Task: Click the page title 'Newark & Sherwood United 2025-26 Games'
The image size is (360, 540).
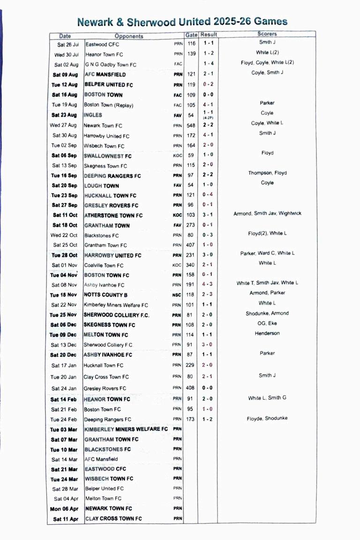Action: pos(182,22)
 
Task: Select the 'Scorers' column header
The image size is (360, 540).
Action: pos(267,34)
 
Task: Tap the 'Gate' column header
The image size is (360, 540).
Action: pos(191,35)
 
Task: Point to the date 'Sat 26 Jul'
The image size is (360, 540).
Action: pos(68,45)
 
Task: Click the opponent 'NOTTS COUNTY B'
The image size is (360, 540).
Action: pos(106,295)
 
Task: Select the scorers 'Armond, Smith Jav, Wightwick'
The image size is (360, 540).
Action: pos(267,214)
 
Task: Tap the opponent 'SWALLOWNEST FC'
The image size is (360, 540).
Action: pos(108,156)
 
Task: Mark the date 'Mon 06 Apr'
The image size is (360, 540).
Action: pos(64,508)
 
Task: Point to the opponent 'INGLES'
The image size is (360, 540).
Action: pos(93,115)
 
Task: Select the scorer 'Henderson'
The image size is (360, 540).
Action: pos(267,333)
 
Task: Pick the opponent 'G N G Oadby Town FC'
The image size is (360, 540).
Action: pos(111,65)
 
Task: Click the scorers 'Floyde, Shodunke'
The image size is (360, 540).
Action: pos(267,418)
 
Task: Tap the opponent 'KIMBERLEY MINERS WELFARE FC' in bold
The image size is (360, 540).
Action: pos(126,429)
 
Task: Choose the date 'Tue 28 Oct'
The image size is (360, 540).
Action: pos(64,255)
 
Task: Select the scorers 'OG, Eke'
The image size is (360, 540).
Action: pos(267,323)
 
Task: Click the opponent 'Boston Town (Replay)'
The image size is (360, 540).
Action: pos(108,105)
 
